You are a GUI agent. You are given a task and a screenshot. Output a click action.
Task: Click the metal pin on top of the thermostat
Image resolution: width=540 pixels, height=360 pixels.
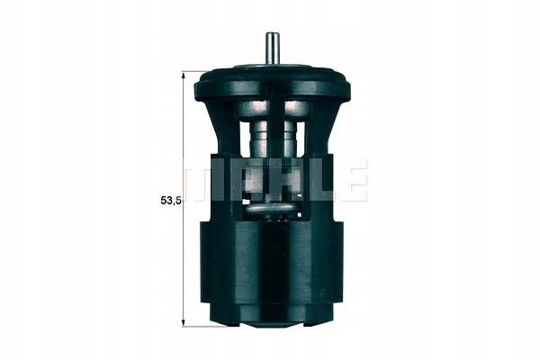pos(272,49)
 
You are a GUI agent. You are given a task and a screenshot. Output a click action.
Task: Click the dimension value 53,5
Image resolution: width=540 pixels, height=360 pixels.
pos(170,201)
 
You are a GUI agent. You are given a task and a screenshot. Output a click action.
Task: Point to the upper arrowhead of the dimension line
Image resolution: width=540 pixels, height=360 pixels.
pos(184,76)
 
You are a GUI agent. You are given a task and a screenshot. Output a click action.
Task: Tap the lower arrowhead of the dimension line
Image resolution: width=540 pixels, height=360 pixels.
pos(184,321)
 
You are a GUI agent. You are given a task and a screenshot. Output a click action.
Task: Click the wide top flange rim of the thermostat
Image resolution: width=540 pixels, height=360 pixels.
pos(272,85)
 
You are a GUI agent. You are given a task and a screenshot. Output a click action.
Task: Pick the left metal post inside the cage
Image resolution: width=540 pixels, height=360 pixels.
pos(258,130)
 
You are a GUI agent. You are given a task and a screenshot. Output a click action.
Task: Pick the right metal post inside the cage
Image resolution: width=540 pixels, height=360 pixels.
pos(292,130)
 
